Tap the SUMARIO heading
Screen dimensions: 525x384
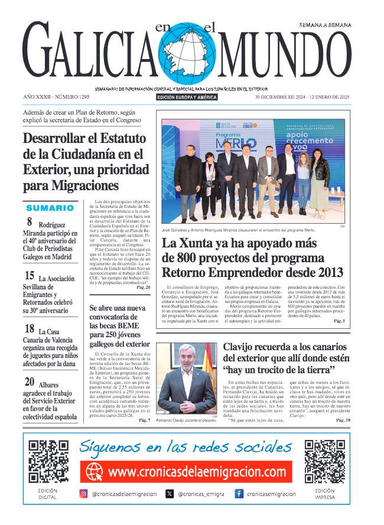[50, 208]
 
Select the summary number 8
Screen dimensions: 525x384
[30, 223]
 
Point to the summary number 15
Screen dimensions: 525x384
[30, 275]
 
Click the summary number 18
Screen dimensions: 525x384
[30, 329]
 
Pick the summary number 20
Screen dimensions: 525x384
[30, 383]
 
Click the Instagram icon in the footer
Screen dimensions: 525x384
[84, 494]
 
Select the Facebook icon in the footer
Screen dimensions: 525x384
[239, 494]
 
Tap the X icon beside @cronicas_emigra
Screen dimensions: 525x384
[170, 494]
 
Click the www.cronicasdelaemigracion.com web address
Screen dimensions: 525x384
[197, 472]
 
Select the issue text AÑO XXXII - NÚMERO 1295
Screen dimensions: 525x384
[57, 96]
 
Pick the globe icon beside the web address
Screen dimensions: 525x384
[95, 472]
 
